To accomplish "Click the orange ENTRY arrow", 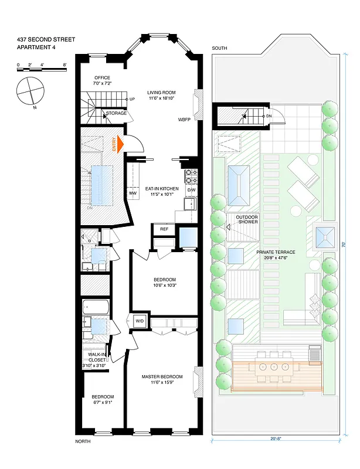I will click(121, 144).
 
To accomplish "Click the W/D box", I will click(140, 321).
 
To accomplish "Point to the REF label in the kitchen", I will click(164, 229).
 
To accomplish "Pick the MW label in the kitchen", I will click(133, 193).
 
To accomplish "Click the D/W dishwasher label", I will click(192, 191).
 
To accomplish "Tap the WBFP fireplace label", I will click(185, 119).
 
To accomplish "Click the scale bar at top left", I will click(41, 69).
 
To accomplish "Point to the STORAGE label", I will click(116, 113).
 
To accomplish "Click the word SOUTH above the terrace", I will click(220, 48).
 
